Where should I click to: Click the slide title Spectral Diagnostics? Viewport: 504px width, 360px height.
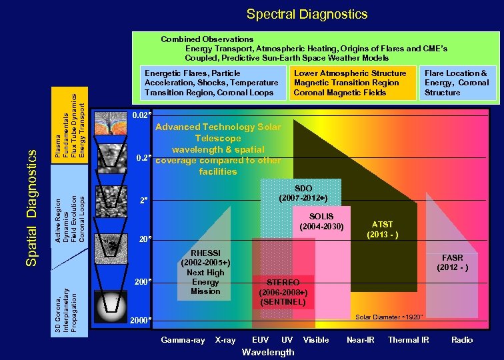tap(307, 14)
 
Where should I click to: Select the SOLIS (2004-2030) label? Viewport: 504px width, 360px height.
tap(321, 221)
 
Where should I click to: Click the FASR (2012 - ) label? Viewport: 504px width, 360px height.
tap(452, 262)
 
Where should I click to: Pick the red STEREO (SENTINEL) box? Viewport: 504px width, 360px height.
tap(283, 291)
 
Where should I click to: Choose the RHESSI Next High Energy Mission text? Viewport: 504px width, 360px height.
tap(205, 272)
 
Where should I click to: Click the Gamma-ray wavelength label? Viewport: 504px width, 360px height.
tap(183, 340)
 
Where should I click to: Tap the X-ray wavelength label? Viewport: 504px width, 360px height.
tap(225, 340)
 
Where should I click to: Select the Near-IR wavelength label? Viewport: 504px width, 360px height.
tap(361, 340)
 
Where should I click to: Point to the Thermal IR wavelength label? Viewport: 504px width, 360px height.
tap(409, 340)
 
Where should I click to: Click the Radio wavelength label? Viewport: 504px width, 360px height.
tap(462, 340)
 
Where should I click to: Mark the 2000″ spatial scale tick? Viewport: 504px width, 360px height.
tap(140, 320)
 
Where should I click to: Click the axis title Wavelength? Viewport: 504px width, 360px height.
tap(268, 352)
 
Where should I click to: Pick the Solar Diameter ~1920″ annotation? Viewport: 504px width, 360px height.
tap(389, 317)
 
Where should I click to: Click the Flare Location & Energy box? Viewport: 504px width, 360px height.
tap(457, 83)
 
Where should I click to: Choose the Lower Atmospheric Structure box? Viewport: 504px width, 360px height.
tap(350, 83)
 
